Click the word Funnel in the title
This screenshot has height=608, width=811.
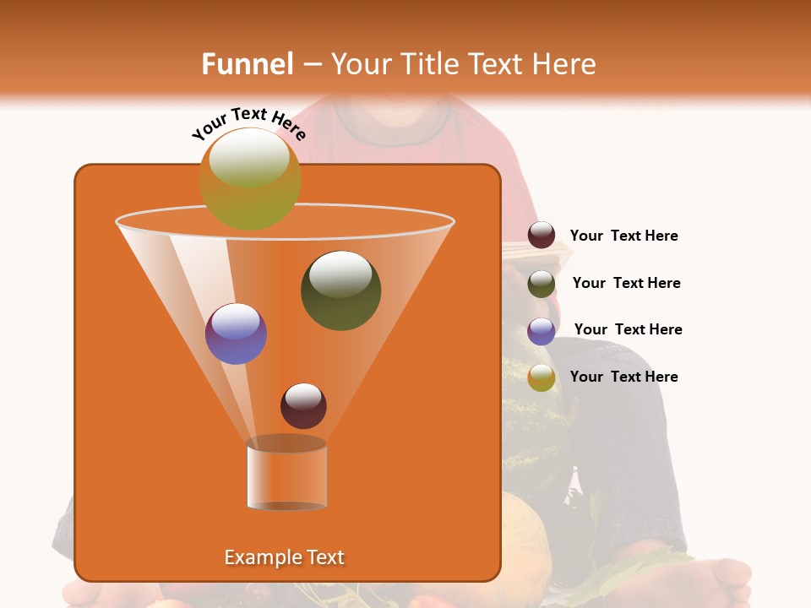(x=247, y=64)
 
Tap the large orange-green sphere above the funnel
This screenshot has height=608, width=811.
(x=249, y=178)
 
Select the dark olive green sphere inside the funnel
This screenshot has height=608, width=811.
(x=340, y=290)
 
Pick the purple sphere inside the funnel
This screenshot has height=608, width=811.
(x=236, y=334)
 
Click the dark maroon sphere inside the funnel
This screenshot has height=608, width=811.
(x=303, y=405)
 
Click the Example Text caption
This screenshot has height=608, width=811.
(x=284, y=557)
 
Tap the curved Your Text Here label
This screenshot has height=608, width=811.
(x=249, y=123)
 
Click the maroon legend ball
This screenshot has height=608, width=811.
(x=542, y=235)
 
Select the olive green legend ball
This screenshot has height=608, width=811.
(x=542, y=284)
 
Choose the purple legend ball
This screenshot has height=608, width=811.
(x=542, y=330)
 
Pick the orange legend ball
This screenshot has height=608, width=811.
(x=542, y=377)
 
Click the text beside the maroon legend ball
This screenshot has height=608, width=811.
(x=623, y=236)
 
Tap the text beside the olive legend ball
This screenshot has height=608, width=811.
(x=626, y=283)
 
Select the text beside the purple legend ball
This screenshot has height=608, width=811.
(x=628, y=329)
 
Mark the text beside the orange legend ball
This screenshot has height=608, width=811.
(x=623, y=377)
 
